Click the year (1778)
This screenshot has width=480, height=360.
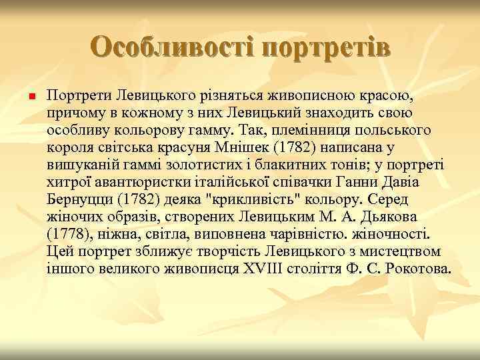tap(68, 235)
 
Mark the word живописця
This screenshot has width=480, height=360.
tap(201, 269)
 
